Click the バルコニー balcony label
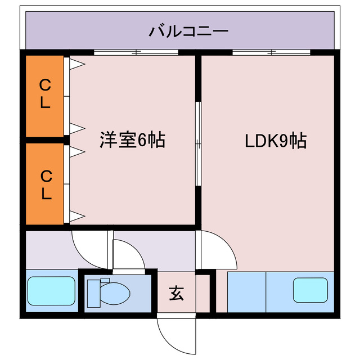(188, 30)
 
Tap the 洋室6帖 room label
(133, 139)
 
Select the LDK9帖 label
(275, 140)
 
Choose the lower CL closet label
(45, 186)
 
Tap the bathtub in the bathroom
(52, 291)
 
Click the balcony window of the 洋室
(136, 52)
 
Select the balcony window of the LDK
(272, 52)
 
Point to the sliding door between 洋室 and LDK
(197, 143)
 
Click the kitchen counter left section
(246, 291)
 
